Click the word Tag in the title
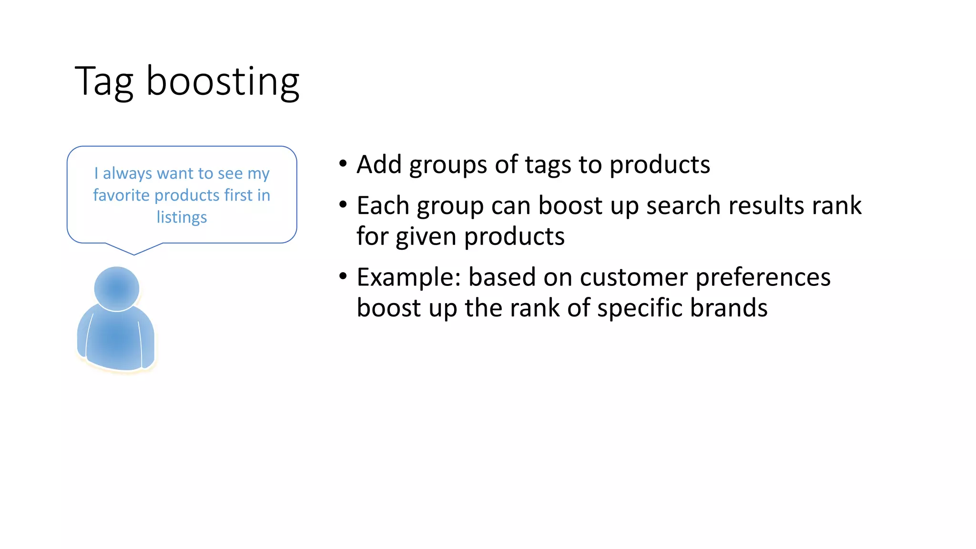(x=104, y=82)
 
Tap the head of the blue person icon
(x=117, y=288)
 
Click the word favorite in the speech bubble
(x=121, y=195)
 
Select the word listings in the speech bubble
(x=182, y=217)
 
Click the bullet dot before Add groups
(x=343, y=164)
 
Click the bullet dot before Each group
(x=343, y=205)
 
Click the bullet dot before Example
(x=343, y=276)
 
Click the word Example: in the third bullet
(x=409, y=277)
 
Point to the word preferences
(x=762, y=277)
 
